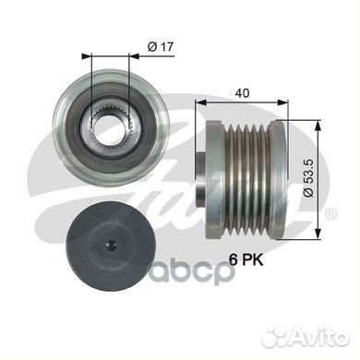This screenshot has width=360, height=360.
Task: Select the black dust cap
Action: pos(110,244)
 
